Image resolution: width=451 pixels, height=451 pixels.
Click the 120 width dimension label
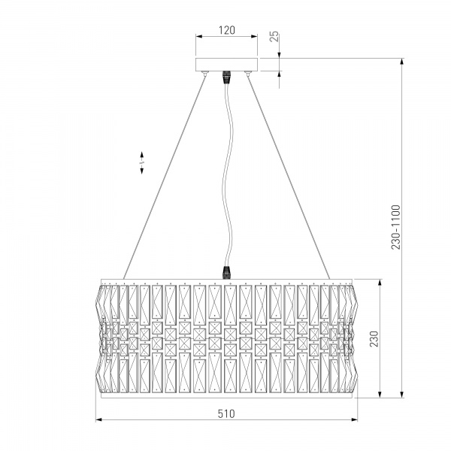pos(227,30)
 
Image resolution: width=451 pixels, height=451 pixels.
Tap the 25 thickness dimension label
pos(274,36)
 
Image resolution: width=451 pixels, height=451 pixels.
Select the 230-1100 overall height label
pos(396,227)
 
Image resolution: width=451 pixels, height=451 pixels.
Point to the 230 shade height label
pos(374,338)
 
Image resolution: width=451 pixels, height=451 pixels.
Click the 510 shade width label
pos(226,413)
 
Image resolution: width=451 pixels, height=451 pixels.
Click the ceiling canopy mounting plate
pos(227,65)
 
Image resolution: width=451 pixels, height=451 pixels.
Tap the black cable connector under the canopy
pos(227,77)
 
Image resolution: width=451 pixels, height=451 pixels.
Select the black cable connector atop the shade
pos(227,273)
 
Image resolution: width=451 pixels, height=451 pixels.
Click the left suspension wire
pos(165,176)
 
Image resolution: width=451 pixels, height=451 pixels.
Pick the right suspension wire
pos(288,176)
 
